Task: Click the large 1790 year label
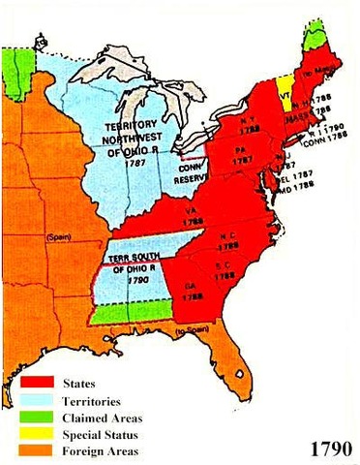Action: (x=329, y=449)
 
